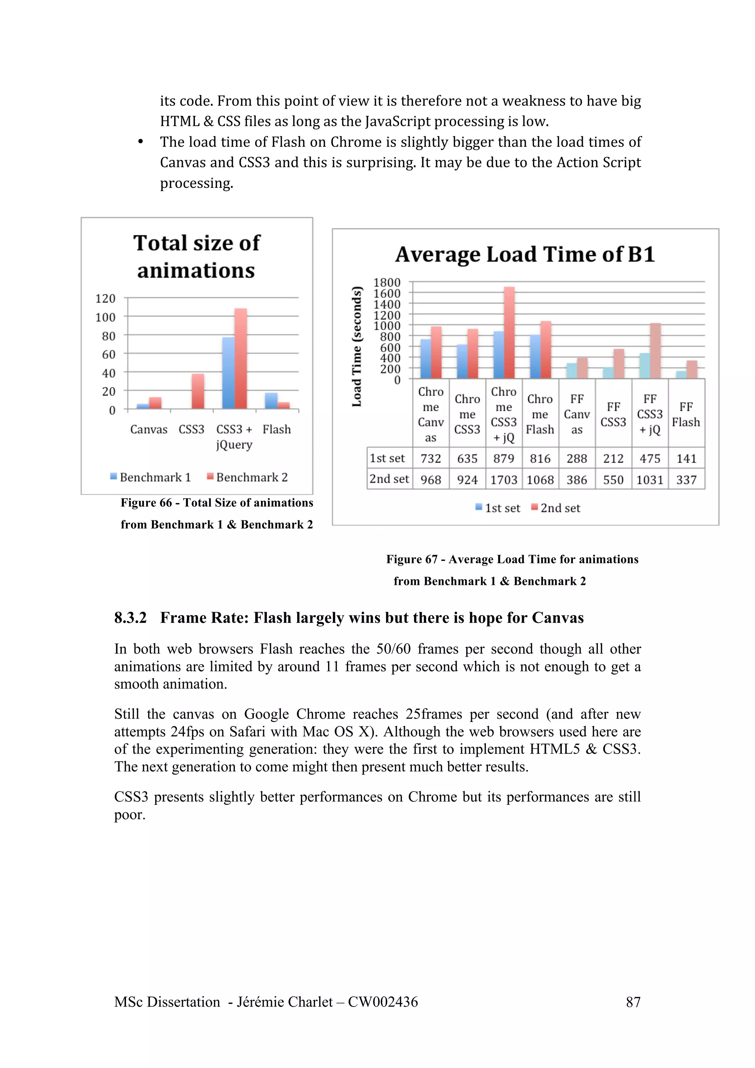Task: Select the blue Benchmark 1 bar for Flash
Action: tap(271, 401)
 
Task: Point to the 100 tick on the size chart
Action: tap(105, 317)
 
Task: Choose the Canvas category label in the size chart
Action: tap(149, 429)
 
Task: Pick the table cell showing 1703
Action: tap(504, 479)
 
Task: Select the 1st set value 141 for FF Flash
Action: tap(686, 459)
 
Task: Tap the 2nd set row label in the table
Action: tap(389, 479)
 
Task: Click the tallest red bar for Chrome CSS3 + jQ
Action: tap(509, 332)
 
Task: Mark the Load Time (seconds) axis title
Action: tap(357, 346)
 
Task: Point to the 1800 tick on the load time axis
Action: tap(387, 282)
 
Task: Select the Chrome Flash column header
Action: tap(540, 414)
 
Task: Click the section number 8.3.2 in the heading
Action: tap(131, 618)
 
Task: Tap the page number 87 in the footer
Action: tap(633, 1002)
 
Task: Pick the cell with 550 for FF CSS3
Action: tap(613, 479)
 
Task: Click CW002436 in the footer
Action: tap(383, 1002)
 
